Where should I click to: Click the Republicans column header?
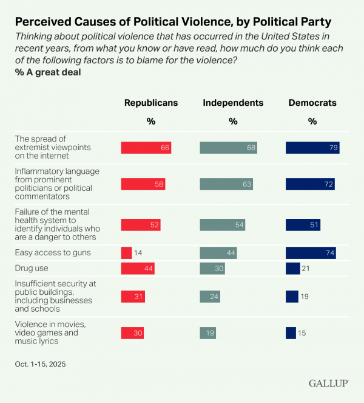point(151,103)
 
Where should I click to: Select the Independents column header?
point(233,103)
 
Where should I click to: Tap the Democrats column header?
point(312,103)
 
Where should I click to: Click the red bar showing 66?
point(146,148)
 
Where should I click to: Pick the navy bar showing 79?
point(312,148)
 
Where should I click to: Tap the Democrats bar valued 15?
point(291,333)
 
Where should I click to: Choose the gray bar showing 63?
point(226,184)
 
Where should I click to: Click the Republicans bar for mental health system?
point(141,225)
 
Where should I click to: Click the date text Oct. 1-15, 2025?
point(40,364)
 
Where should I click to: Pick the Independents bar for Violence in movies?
point(208,333)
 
